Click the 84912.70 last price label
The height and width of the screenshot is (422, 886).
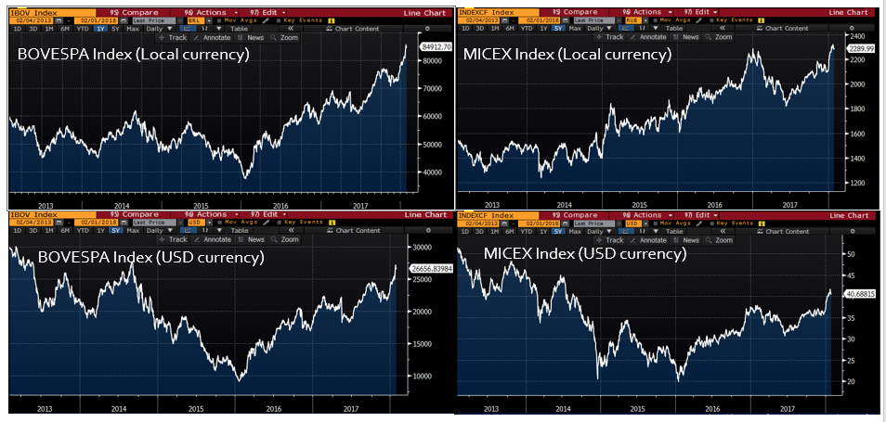pos(436,45)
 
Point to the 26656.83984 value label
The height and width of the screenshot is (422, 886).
pos(431,267)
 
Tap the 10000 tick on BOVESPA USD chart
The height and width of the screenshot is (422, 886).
pos(424,376)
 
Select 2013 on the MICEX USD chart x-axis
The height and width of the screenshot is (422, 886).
pos(490,407)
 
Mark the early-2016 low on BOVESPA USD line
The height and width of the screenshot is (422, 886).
pos(241,379)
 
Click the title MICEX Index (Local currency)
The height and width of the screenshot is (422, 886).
pos(567,55)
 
